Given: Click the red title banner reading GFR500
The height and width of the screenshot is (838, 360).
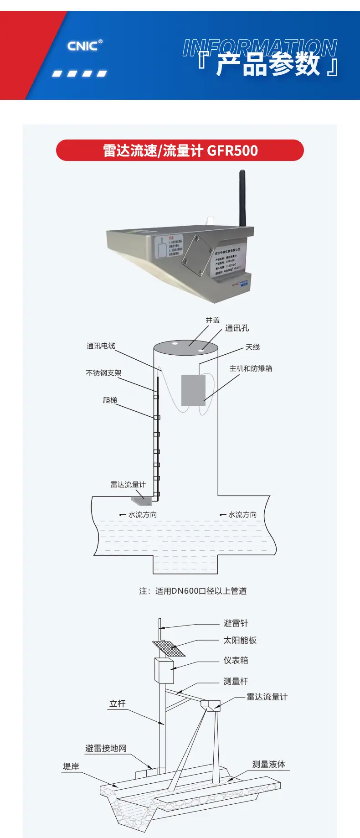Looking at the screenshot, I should click(180, 150).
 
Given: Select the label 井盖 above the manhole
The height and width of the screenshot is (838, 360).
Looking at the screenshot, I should click(212, 320).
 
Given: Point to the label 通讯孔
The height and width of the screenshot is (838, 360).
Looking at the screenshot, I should click(237, 328).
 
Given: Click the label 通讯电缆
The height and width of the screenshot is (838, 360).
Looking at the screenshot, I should click(101, 346).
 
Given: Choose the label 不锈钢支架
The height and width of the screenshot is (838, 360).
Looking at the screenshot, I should click(103, 373).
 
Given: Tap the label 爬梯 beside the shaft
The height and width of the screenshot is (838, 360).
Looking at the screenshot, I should click(110, 400).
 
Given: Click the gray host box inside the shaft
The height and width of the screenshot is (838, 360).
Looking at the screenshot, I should click(193, 390).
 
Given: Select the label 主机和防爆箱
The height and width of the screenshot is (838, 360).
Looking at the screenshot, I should click(251, 368).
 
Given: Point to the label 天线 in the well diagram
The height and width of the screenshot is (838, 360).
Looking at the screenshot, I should click(252, 347).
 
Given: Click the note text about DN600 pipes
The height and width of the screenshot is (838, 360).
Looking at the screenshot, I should click(193, 591).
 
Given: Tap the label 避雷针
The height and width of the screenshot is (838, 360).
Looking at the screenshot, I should click(236, 623).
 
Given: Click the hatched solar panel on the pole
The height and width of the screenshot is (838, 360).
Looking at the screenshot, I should click(169, 648).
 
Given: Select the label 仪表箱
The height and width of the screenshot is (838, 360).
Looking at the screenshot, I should click(236, 660).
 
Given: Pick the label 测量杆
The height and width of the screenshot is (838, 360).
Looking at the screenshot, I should click(236, 681).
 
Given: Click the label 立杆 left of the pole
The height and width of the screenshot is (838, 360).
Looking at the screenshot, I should click(117, 704).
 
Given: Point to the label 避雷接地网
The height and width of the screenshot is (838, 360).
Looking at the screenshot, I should click(106, 748).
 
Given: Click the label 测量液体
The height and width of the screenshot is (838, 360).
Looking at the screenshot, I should click(268, 764).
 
